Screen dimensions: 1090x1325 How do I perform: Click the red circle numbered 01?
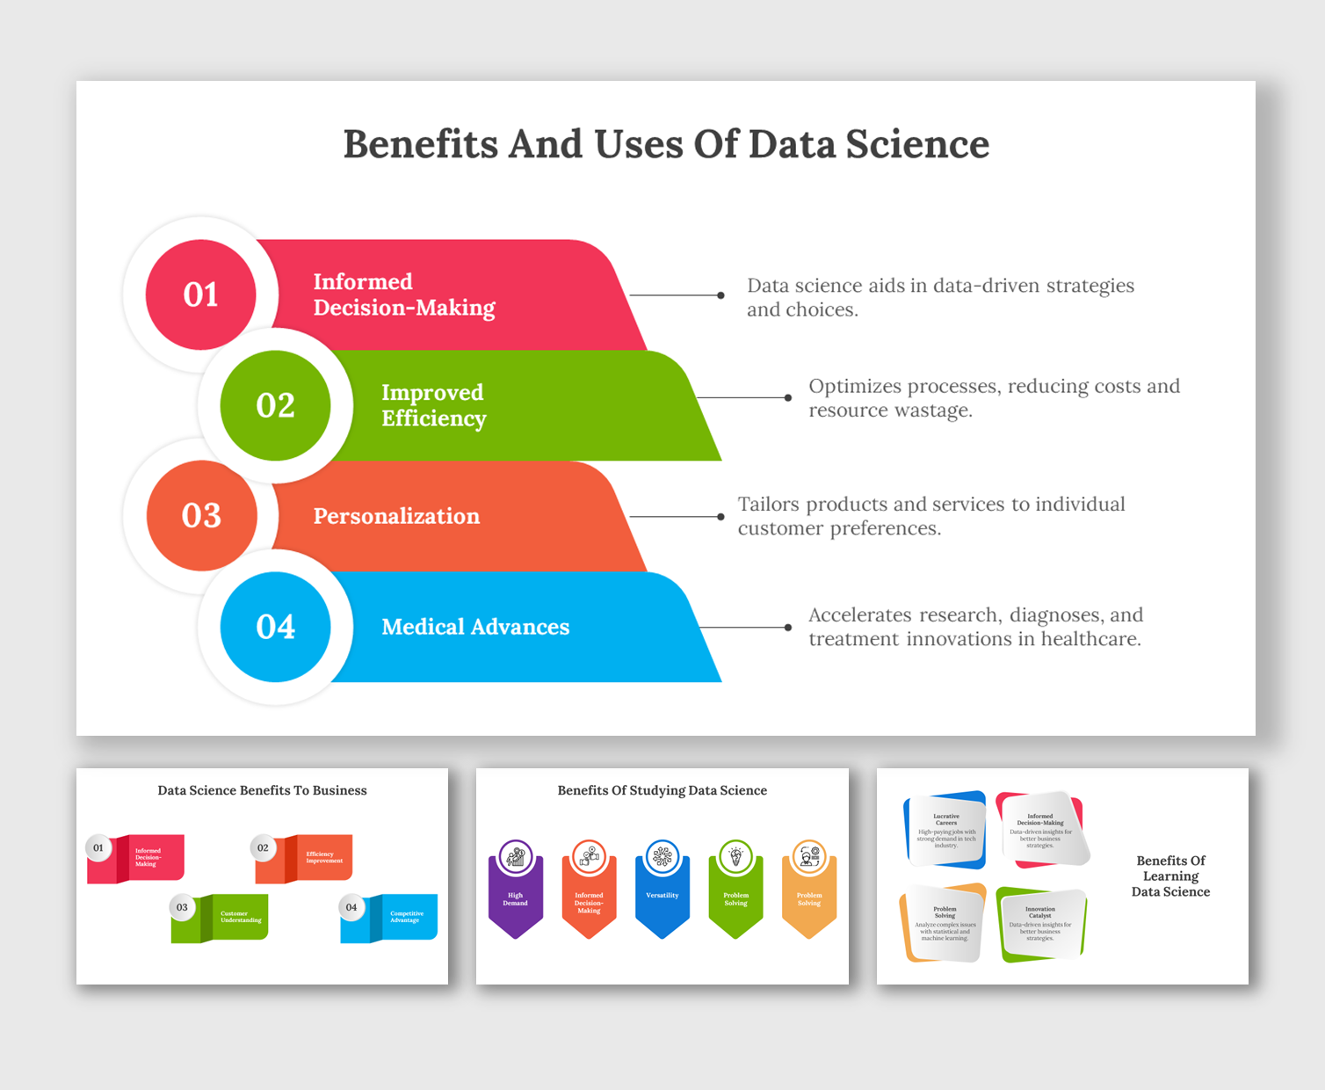click(200, 294)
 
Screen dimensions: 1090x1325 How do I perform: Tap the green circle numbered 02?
click(275, 405)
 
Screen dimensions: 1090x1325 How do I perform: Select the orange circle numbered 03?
click(201, 516)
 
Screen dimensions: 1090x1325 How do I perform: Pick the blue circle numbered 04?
click(275, 627)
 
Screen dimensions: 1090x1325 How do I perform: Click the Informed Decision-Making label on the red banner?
click(403, 294)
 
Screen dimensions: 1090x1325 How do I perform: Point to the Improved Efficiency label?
click(433, 405)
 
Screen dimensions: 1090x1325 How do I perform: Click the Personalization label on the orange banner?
click(396, 516)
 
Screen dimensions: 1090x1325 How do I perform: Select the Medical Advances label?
click(475, 627)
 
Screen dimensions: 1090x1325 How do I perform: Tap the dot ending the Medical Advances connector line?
click(788, 628)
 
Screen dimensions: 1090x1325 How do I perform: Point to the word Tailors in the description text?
click(768, 505)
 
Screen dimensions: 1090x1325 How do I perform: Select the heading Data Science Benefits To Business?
click(262, 790)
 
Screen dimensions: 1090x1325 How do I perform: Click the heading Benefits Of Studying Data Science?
click(662, 790)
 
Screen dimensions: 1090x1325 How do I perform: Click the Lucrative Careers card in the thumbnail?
click(945, 830)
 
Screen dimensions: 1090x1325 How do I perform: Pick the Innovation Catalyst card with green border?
click(1040, 924)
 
